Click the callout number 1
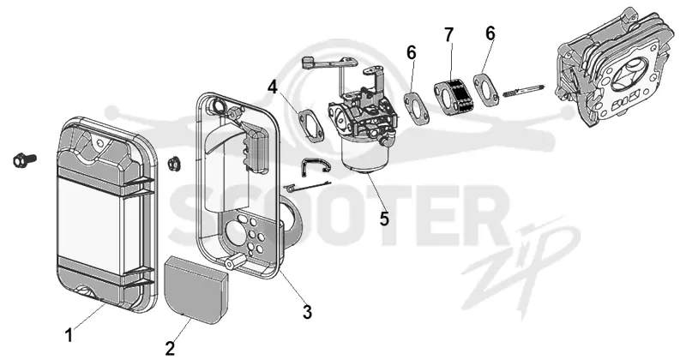point(69,335)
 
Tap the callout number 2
point(170,348)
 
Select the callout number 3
point(307,312)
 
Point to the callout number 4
point(273,87)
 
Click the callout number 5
point(384,219)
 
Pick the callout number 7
point(448,34)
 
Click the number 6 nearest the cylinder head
point(490,33)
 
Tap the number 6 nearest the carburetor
point(412,52)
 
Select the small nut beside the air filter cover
point(172,164)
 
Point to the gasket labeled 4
point(311,125)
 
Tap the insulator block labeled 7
point(453,95)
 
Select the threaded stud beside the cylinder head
point(524,90)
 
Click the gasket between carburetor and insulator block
point(417,107)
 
